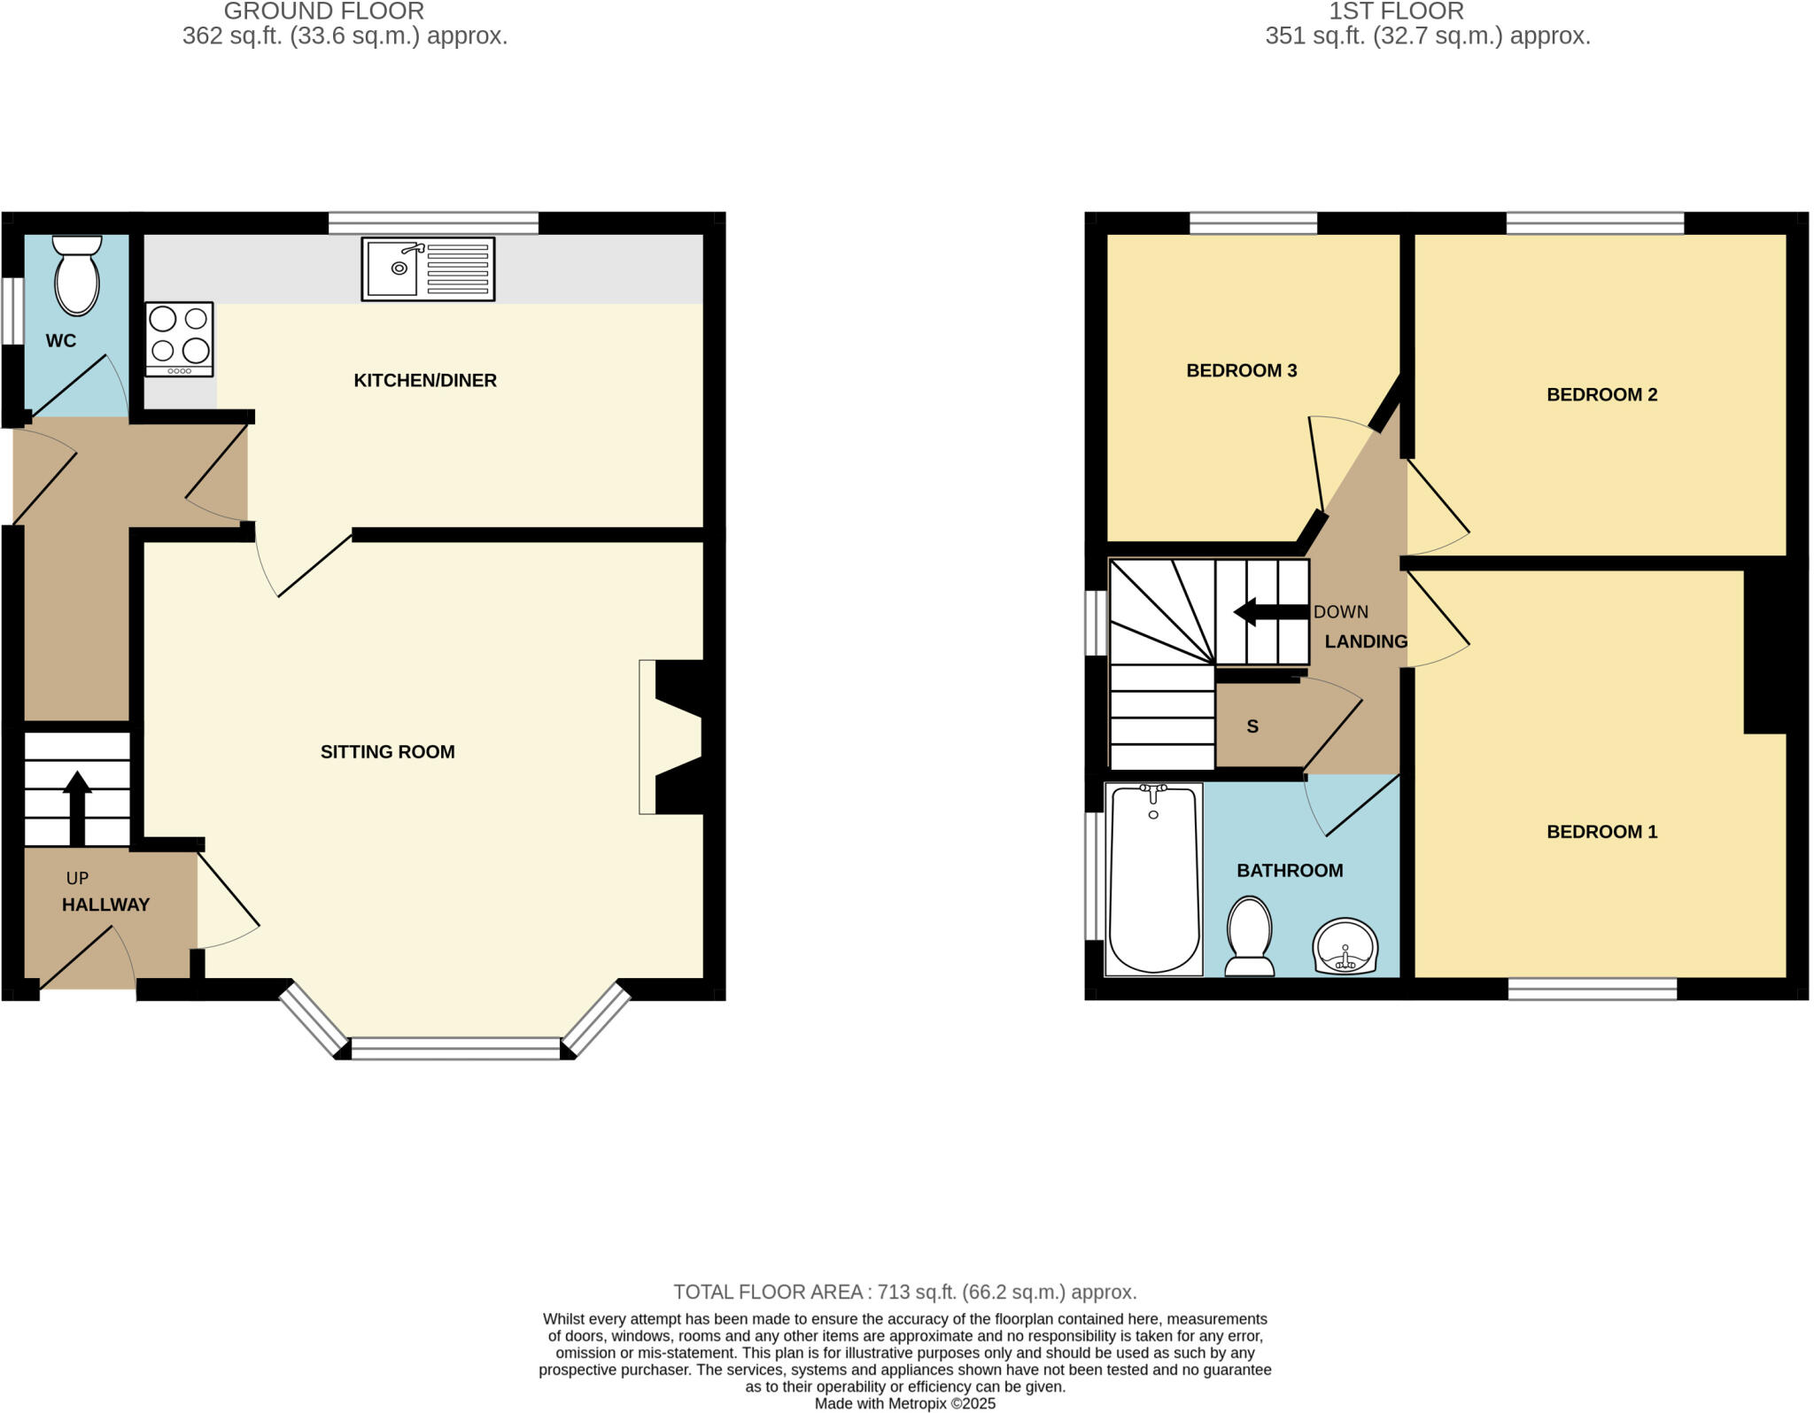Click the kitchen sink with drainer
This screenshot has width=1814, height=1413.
(x=428, y=268)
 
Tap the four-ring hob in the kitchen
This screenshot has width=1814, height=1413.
(x=180, y=339)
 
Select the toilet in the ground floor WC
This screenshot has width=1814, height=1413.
(x=77, y=276)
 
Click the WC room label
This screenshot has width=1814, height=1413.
(x=61, y=341)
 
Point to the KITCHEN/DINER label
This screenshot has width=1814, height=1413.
(x=425, y=381)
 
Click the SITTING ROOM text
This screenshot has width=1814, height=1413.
(x=387, y=752)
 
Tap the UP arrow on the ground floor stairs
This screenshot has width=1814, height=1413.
(x=77, y=806)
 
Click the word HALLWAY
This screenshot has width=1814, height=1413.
(x=105, y=904)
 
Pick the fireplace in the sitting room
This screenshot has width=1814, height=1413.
(x=673, y=736)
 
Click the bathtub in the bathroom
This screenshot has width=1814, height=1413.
(x=1153, y=880)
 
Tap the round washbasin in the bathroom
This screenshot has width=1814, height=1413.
(x=1345, y=947)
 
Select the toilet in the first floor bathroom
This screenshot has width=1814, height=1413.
(x=1250, y=937)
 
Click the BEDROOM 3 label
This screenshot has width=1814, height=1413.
(x=1241, y=371)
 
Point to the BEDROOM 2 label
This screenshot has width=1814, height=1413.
(x=1601, y=395)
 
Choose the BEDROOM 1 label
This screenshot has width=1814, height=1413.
(x=1601, y=832)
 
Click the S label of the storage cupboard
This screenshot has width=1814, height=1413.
(x=1252, y=727)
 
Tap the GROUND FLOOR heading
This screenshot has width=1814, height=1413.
(x=324, y=12)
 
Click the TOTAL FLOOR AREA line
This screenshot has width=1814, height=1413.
(x=904, y=1292)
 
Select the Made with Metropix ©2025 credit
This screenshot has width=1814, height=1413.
(x=904, y=1404)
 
